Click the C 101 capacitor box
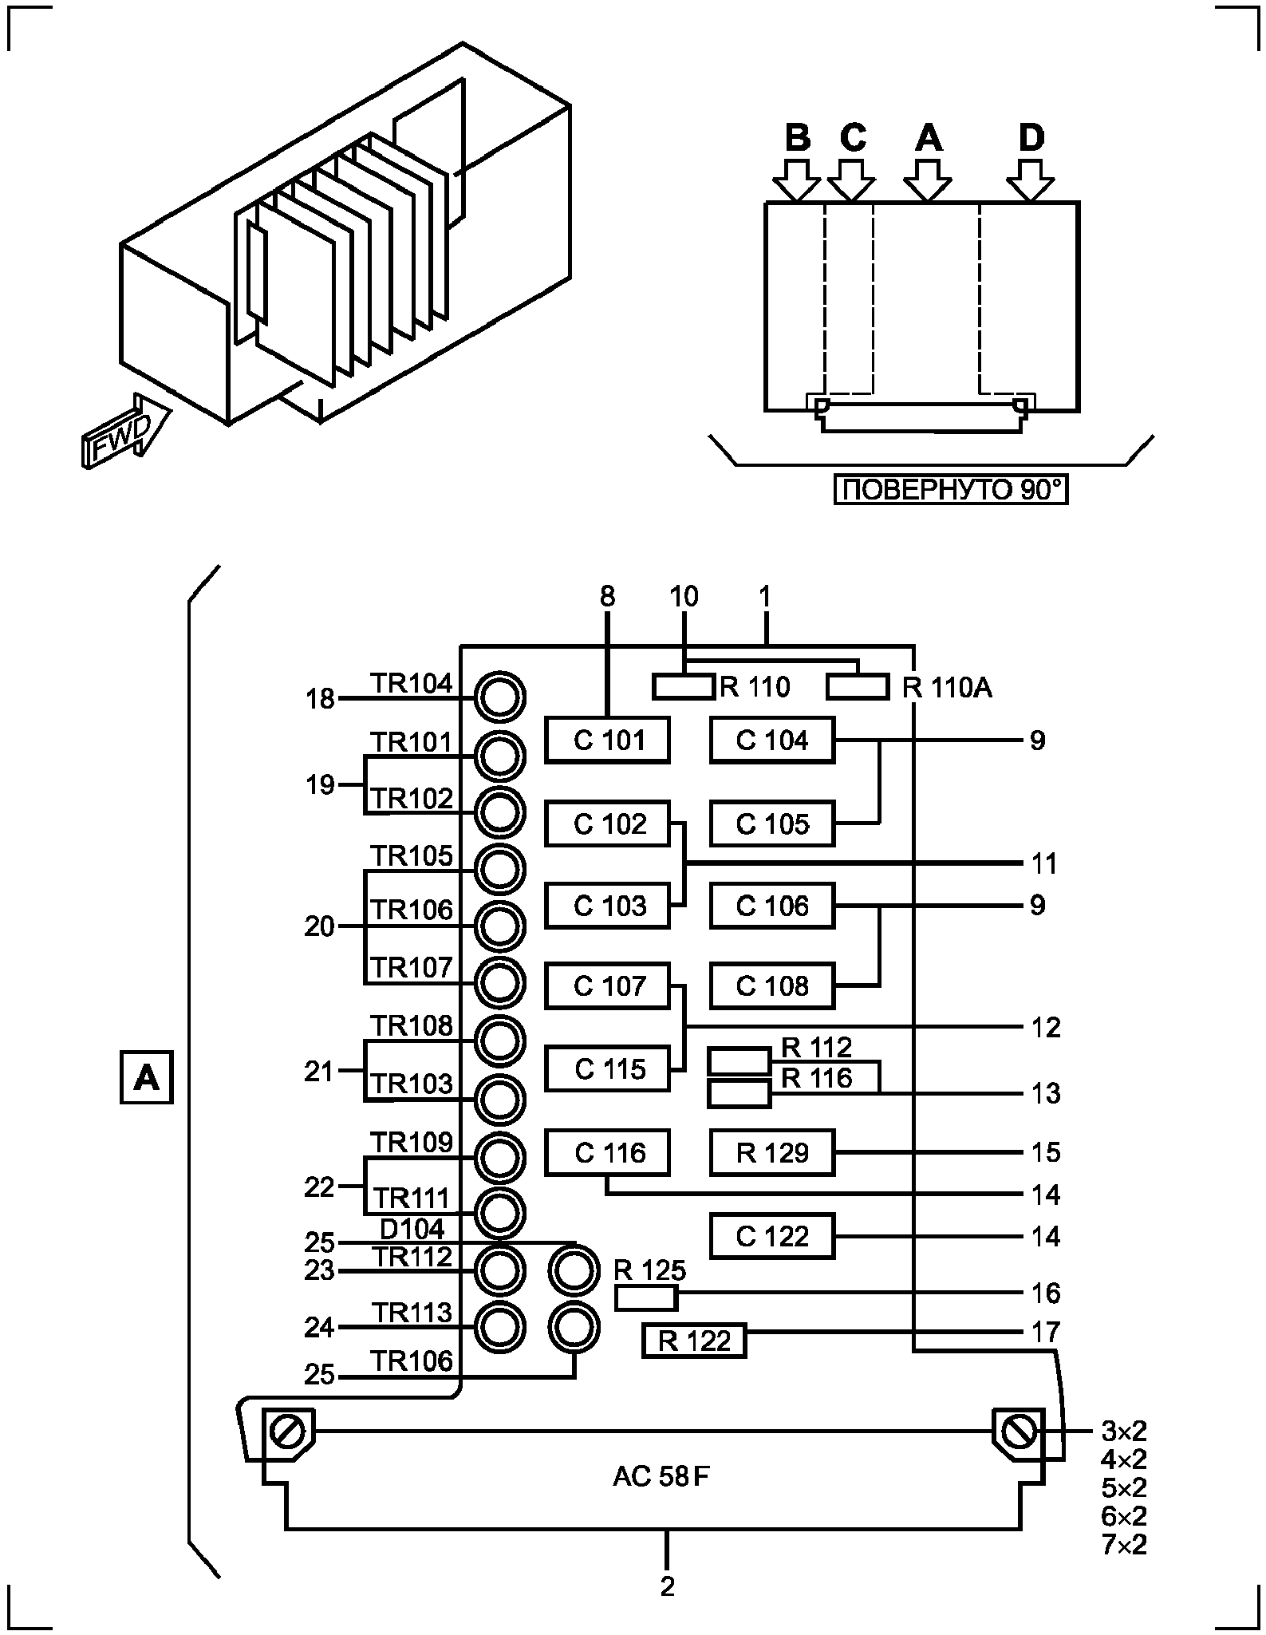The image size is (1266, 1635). (608, 740)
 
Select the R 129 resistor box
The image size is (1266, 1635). (772, 1152)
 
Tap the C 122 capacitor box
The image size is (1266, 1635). (772, 1236)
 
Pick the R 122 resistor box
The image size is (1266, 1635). (694, 1341)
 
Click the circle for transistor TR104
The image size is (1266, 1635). (500, 698)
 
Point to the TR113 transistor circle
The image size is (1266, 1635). (500, 1327)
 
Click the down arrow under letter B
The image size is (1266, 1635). (796, 180)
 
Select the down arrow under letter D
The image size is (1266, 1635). (1031, 180)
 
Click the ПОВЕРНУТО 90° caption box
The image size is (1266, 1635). (950, 489)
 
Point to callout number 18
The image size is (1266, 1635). (320, 700)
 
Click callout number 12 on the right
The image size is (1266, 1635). (1045, 1027)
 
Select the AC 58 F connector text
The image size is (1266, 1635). (661, 1477)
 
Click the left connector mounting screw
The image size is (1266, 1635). (285, 1432)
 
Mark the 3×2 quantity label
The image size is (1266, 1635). (1124, 1431)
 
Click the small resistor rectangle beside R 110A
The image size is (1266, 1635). (858, 686)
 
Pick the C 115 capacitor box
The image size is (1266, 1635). (608, 1069)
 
